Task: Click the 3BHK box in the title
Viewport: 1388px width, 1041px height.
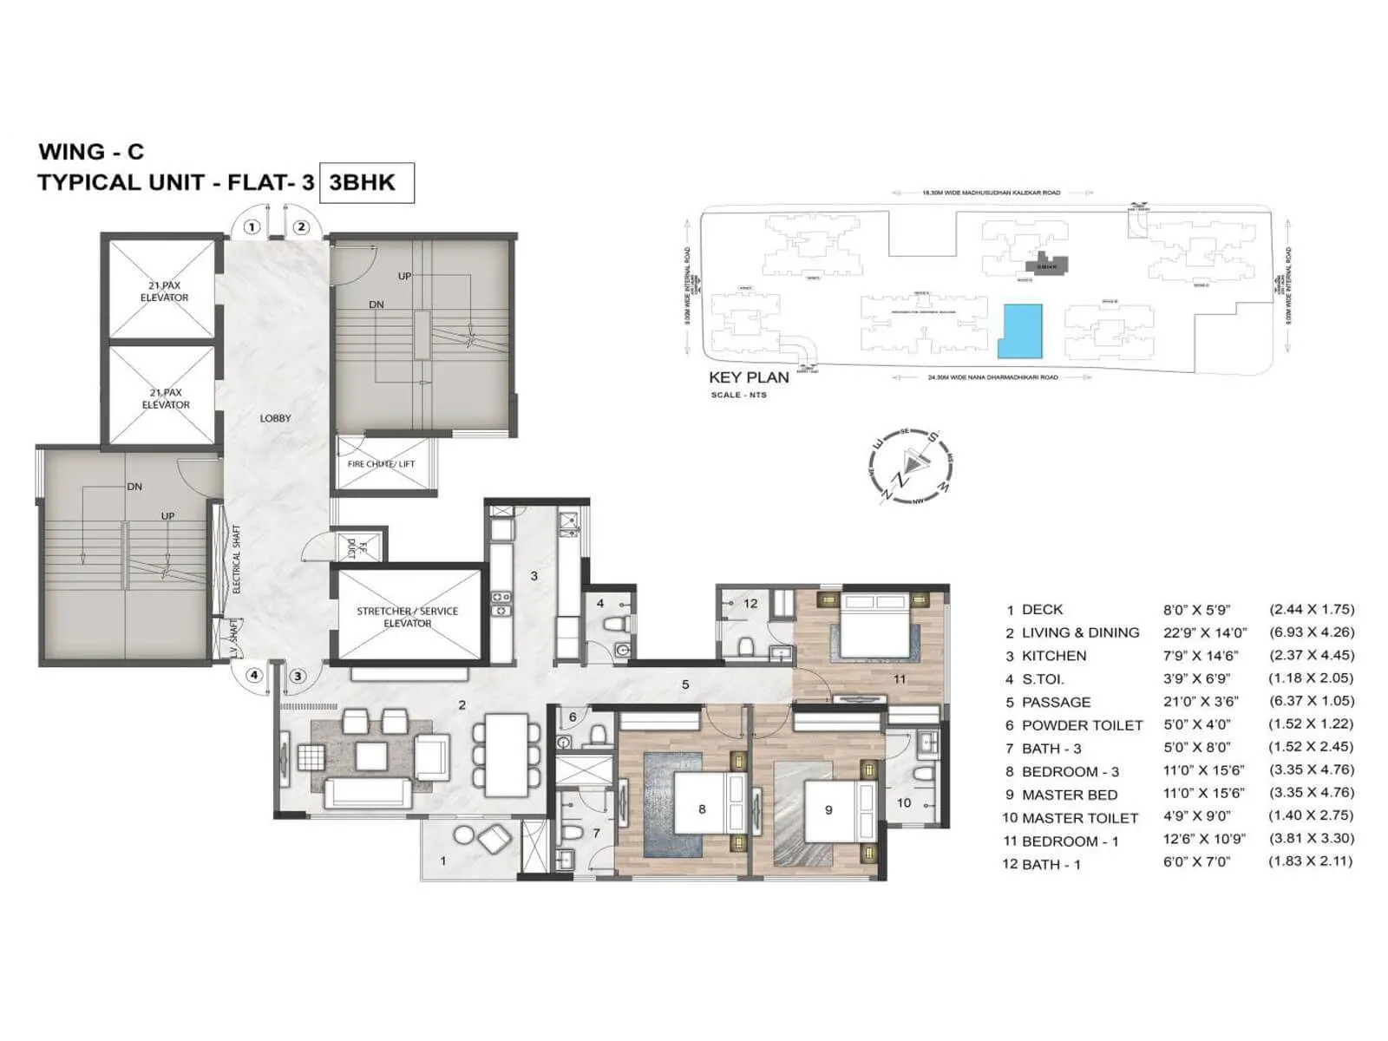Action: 366,182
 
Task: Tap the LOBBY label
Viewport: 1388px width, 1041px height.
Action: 275,418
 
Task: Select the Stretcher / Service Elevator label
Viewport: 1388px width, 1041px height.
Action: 407,617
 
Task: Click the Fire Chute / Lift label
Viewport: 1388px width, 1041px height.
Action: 381,464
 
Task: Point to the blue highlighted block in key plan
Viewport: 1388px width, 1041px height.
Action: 1019,331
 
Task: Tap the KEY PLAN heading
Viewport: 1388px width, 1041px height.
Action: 749,377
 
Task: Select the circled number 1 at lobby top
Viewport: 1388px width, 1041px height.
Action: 252,227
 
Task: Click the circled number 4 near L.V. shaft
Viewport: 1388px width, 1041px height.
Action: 254,675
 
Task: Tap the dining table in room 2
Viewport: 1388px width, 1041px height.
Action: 507,755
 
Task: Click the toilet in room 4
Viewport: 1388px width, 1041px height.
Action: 615,622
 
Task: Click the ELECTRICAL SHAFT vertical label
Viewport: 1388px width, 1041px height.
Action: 236,559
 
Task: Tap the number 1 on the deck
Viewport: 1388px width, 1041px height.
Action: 443,861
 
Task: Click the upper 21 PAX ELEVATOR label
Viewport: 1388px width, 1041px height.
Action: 164,291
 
